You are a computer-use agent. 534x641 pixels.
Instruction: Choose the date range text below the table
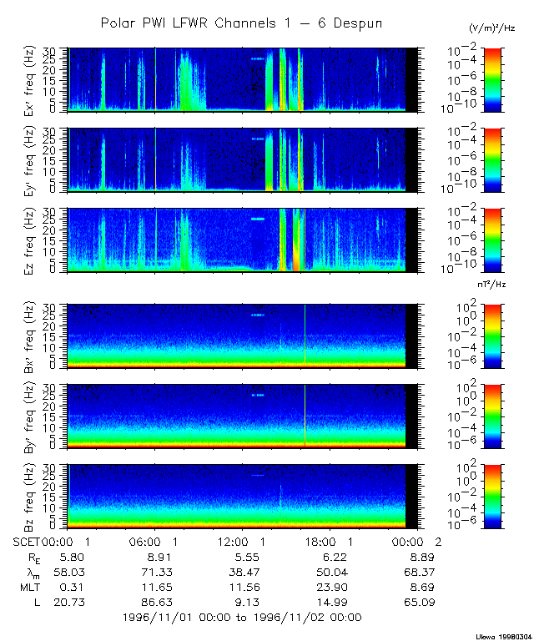(x=241, y=617)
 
